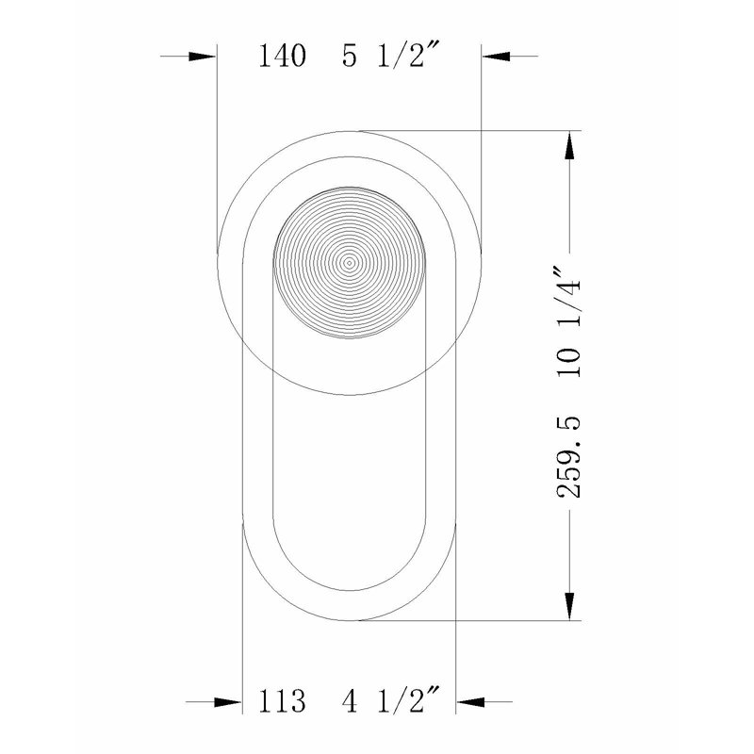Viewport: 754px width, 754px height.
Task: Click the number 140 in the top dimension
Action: coord(282,56)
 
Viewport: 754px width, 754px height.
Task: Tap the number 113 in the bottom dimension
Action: coord(282,700)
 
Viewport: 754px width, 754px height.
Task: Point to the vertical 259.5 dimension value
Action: coord(569,457)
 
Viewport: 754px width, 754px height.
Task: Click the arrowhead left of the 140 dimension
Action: coord(202,57)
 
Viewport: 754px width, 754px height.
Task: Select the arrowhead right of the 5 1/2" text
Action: coord(496,57)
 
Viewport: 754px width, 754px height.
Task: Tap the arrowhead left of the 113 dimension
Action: coord(228,702)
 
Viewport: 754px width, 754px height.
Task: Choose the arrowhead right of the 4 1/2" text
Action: coord(470,702)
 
